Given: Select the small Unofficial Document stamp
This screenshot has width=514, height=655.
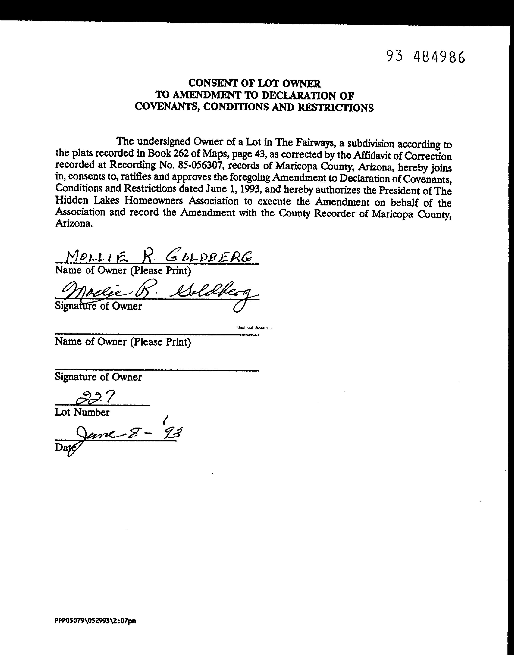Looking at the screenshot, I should tap(254, 327).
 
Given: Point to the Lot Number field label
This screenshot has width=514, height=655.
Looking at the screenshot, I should tap(82, 412).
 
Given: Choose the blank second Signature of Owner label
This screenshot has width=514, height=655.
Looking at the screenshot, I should tap(98, 377).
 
